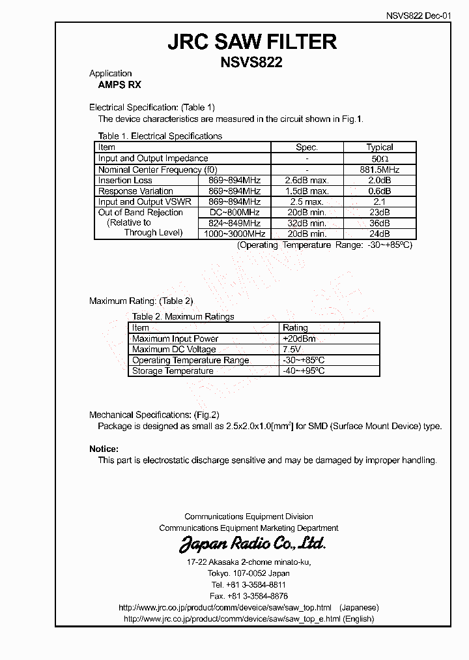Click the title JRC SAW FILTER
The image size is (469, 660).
[x=252, y=42]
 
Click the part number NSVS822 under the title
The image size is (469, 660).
[x=252, y=63]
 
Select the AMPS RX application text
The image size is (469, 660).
[x=115, y=85]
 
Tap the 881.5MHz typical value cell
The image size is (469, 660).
[x=379, y=170]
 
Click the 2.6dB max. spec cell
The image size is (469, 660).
[x=307, y=181]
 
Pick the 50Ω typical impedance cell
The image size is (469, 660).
[x=379, y=158]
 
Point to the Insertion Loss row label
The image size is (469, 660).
[x=125, y=181]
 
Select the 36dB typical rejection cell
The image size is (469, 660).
[x=379, y=223]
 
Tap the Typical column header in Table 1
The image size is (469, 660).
[x=379, y=147]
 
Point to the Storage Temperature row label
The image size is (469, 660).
[x=173, y=371]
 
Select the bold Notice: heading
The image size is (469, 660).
[x=104, y=449]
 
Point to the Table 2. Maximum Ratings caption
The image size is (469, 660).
[x=183, y=317]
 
